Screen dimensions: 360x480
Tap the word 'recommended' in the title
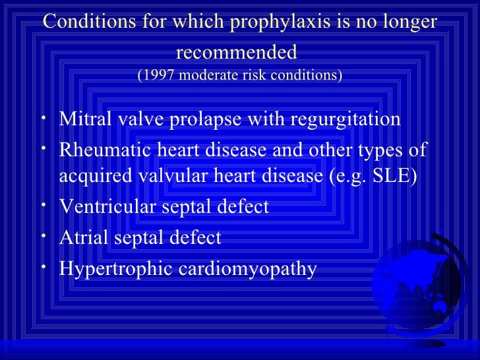(237, 51)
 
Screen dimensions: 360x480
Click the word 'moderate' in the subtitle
(212, 75)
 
